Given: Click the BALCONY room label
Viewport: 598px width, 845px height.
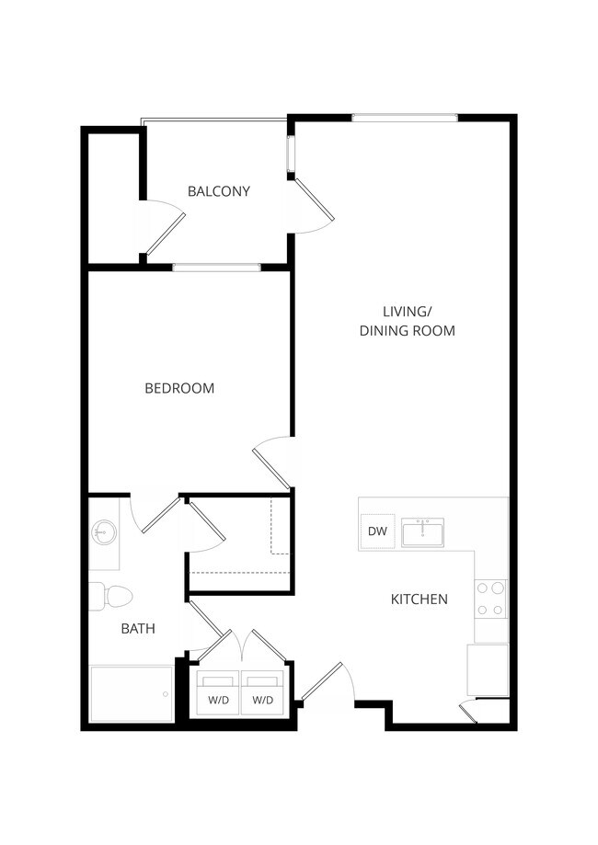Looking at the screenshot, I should (x=219, y=191).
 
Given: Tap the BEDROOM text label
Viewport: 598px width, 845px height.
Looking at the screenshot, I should (x=179, y=388).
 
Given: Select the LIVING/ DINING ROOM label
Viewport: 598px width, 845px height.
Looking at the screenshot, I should (x=407, y=321).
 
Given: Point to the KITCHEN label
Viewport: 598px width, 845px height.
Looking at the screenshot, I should (x=420, y=599).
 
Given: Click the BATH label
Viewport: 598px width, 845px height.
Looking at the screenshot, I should (x=138, y=629).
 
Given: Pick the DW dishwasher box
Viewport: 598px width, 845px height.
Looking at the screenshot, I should (x=377, y=531).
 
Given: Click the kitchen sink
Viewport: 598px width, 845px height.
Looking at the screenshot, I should (x=422, y=531).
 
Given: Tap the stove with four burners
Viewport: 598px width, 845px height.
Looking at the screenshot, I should (x=490, y=599).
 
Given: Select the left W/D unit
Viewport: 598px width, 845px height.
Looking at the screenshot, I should (x=219, y=695).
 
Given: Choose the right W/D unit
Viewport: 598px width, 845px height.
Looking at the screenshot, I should (x=263, y=695).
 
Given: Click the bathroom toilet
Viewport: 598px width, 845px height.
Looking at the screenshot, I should (x=111, y=596).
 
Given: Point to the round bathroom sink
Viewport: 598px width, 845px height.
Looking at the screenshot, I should (x=104, y=532).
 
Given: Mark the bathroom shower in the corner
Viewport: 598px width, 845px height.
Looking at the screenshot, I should (x=131, y=693).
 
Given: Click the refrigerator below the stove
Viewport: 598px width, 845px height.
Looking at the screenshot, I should (x=488, y=669).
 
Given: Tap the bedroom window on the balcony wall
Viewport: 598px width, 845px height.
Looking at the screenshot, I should (x=216, y=268).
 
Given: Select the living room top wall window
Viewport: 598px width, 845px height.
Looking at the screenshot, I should (x=405, y=118).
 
